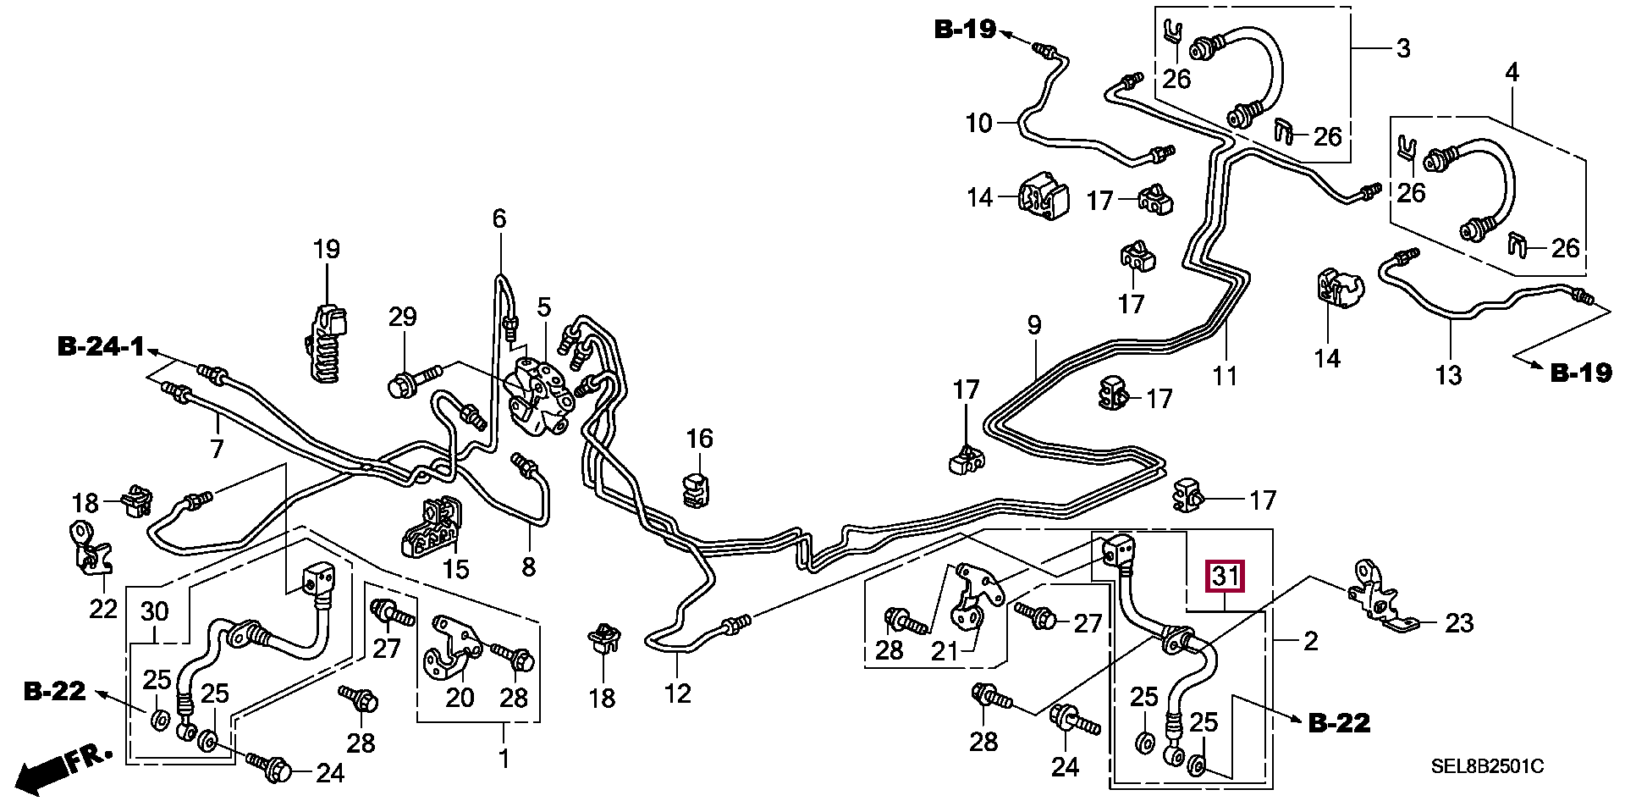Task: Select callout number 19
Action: (x=326, y=250)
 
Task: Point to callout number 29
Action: (x=403, y=318)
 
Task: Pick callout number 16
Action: (x=699, y=439)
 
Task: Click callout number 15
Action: (x=455, y=568)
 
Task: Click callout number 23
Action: (x=1460, y=624)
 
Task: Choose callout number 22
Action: (x=103, y=608)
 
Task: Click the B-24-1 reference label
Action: (x=101, y=346)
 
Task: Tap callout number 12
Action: (x=678, y=693)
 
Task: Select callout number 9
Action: (x=1034, y=325)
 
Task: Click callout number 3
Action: (x=1402, y=48)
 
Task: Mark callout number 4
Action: (x=1512, y=73)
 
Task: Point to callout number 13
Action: (x=1449, y=374)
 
